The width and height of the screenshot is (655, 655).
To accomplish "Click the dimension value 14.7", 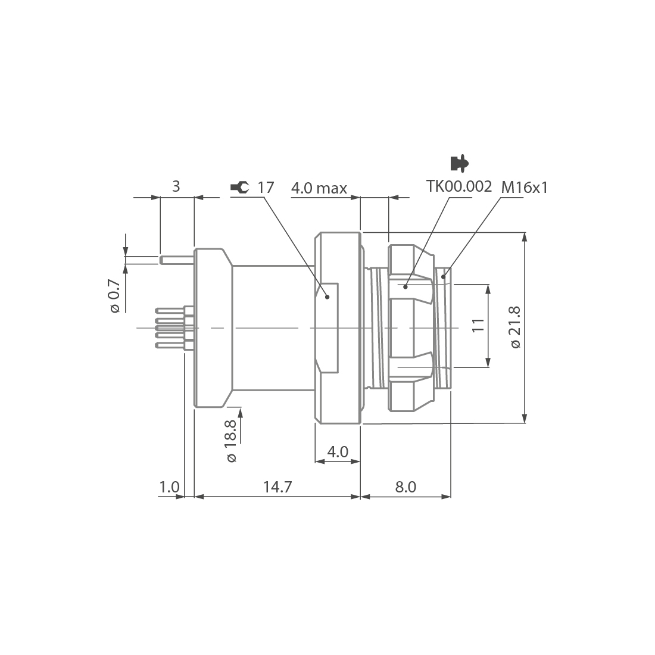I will [277, 486].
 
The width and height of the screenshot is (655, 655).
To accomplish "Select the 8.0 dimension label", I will [406, 486].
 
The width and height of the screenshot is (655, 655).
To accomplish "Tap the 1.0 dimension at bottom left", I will [169, 486].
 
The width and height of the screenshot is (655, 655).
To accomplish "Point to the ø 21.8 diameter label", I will [515, 327].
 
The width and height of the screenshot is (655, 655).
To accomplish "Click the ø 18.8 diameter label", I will [231, 441].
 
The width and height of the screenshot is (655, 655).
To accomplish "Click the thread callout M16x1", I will [524, 188].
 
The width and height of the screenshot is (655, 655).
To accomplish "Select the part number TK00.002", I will [459, 186].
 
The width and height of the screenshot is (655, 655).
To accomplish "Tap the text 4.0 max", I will [319, 189].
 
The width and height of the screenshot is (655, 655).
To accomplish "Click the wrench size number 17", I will [266, 188].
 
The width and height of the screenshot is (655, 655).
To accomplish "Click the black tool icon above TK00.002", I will [458, 162].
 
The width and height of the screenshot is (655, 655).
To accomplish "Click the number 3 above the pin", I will [176, 186].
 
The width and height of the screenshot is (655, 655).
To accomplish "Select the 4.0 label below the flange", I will [338, 451].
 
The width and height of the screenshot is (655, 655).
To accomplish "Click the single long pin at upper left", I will [177, 260].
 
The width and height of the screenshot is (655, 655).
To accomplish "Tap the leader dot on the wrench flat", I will [326, 296].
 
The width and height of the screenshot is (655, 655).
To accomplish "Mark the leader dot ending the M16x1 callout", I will [444, 276].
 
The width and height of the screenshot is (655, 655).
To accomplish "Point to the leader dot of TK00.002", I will [405, 286].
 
